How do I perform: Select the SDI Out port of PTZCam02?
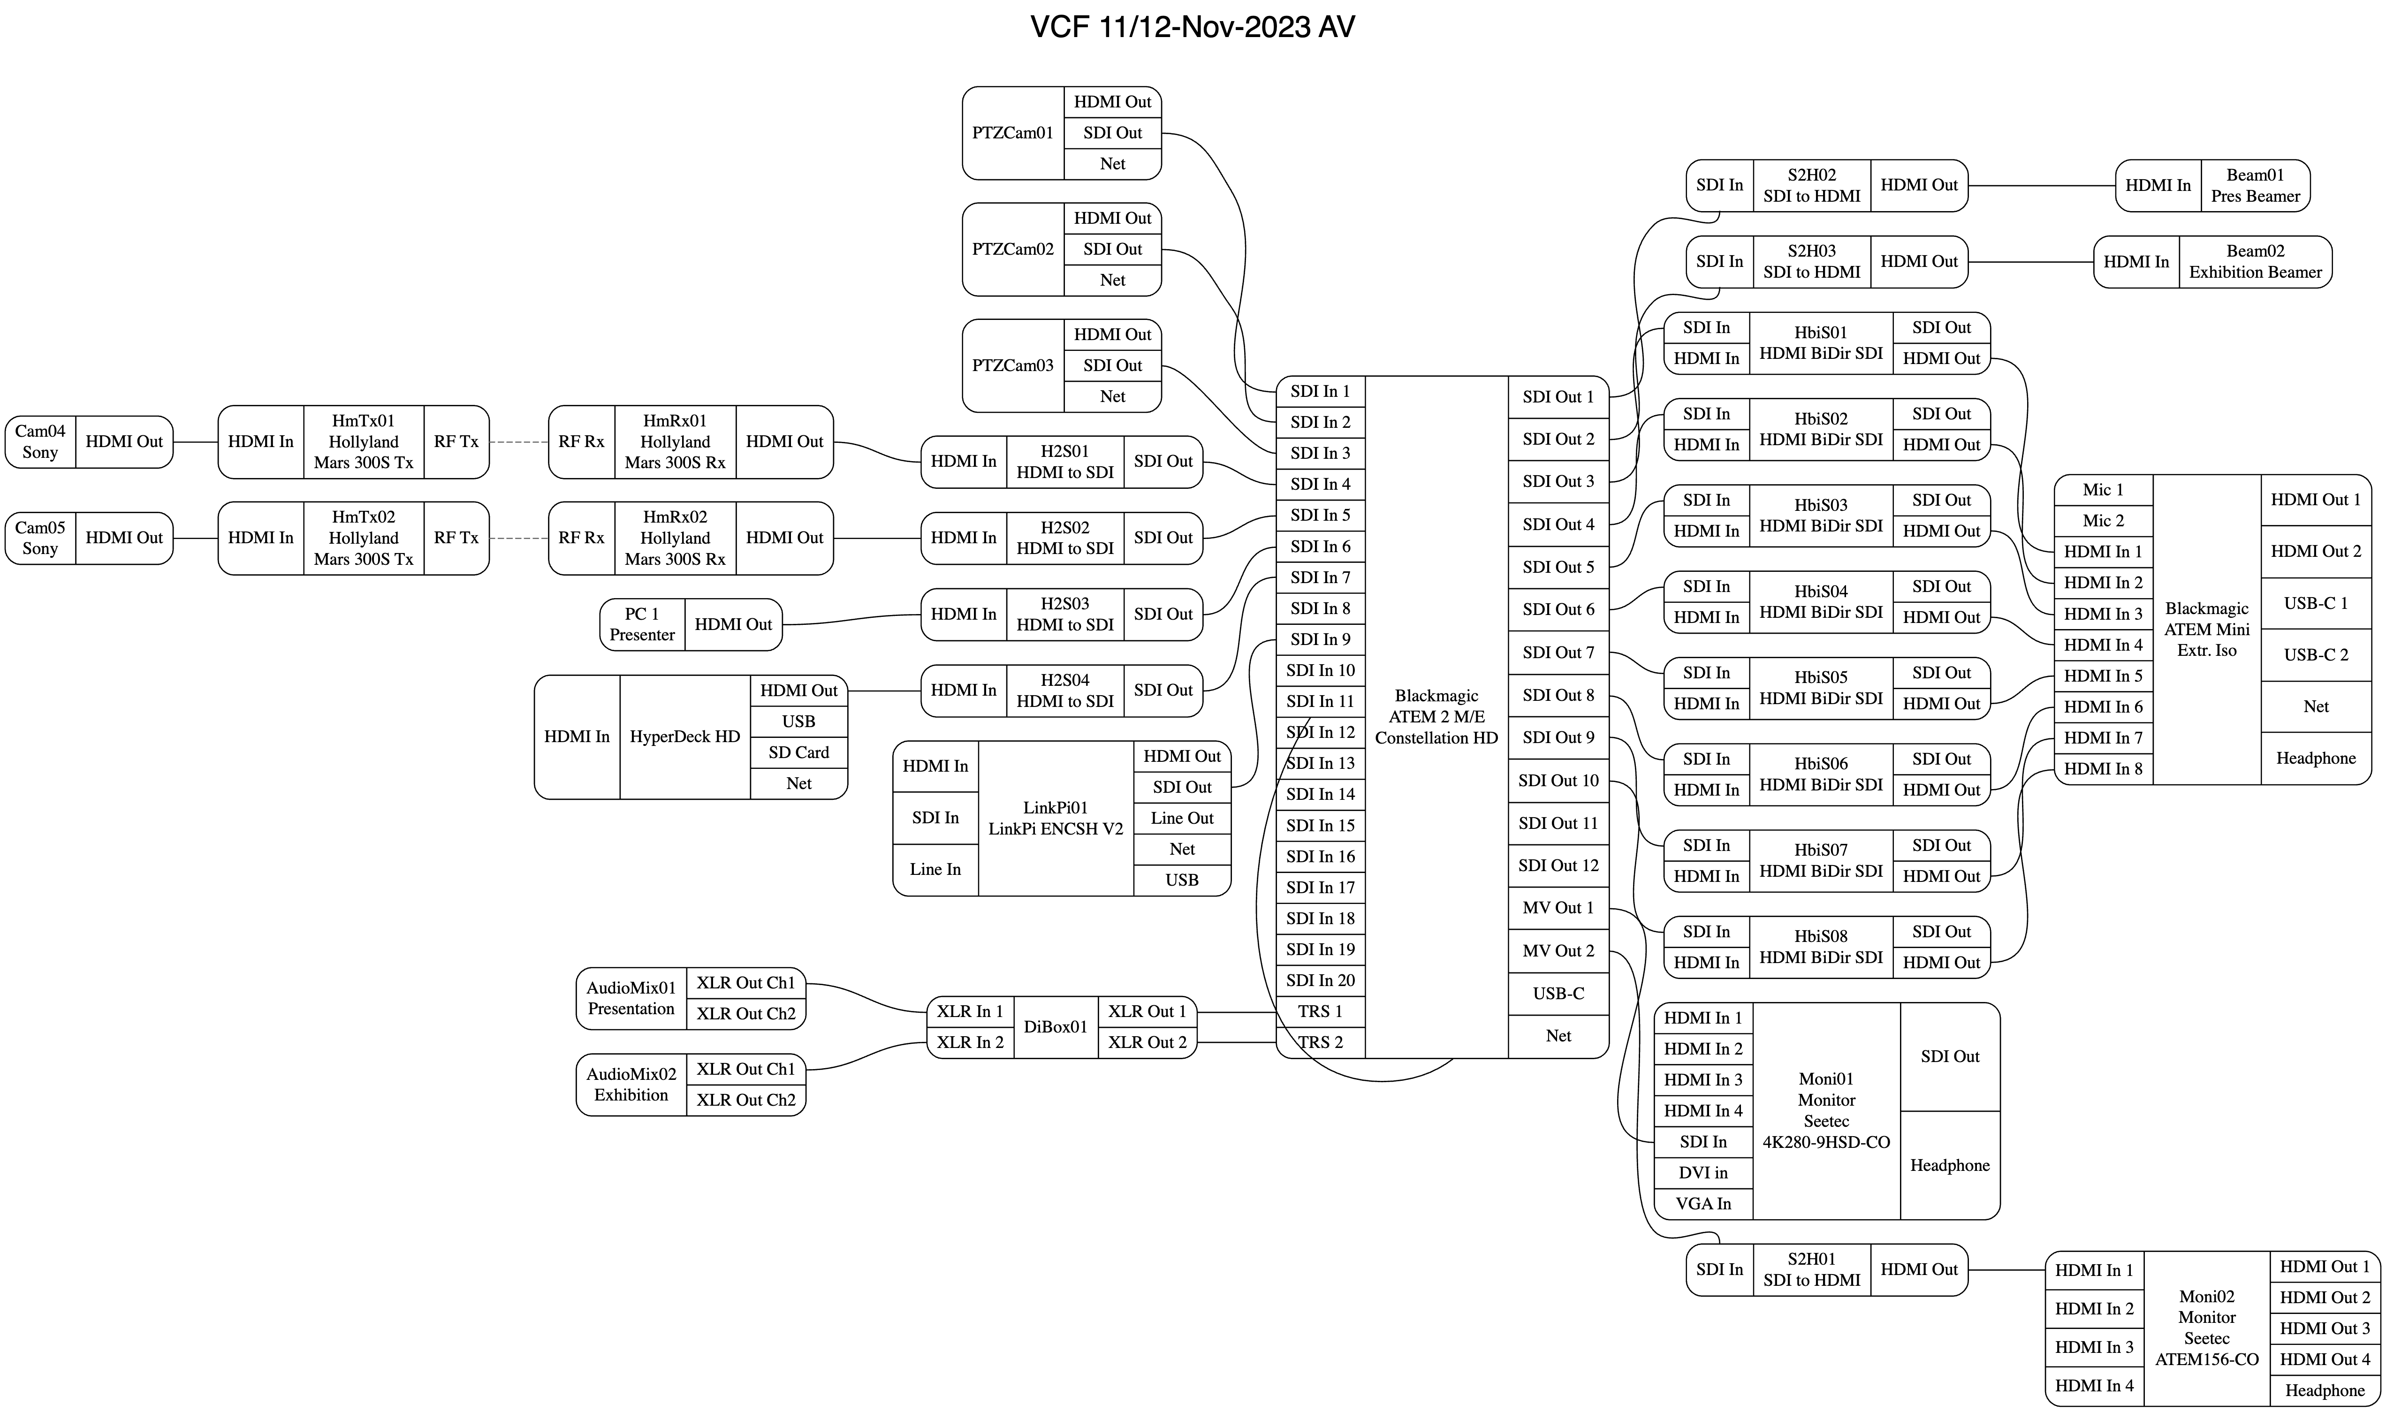(x=1112, y=249)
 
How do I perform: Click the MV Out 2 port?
(x=1558, y=950)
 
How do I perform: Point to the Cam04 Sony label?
(x=40, y=441)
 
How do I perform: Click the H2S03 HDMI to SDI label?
(x=1064, y=614)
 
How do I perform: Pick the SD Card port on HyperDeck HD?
(x=798, y=752)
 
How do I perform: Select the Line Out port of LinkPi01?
(x=1182, y=818)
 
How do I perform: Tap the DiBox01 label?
(x=1055, y=1027)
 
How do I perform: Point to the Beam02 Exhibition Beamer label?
(x=2255, y=262)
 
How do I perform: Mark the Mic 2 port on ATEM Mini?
(x=2103, y=520)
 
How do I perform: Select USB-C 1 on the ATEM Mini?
(x=2316, y=603)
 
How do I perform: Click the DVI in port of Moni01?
(x=1703, y=1173)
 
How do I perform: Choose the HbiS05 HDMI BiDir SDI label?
(x=1820, y=688)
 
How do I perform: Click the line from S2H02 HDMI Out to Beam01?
(x=2041, y=186)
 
